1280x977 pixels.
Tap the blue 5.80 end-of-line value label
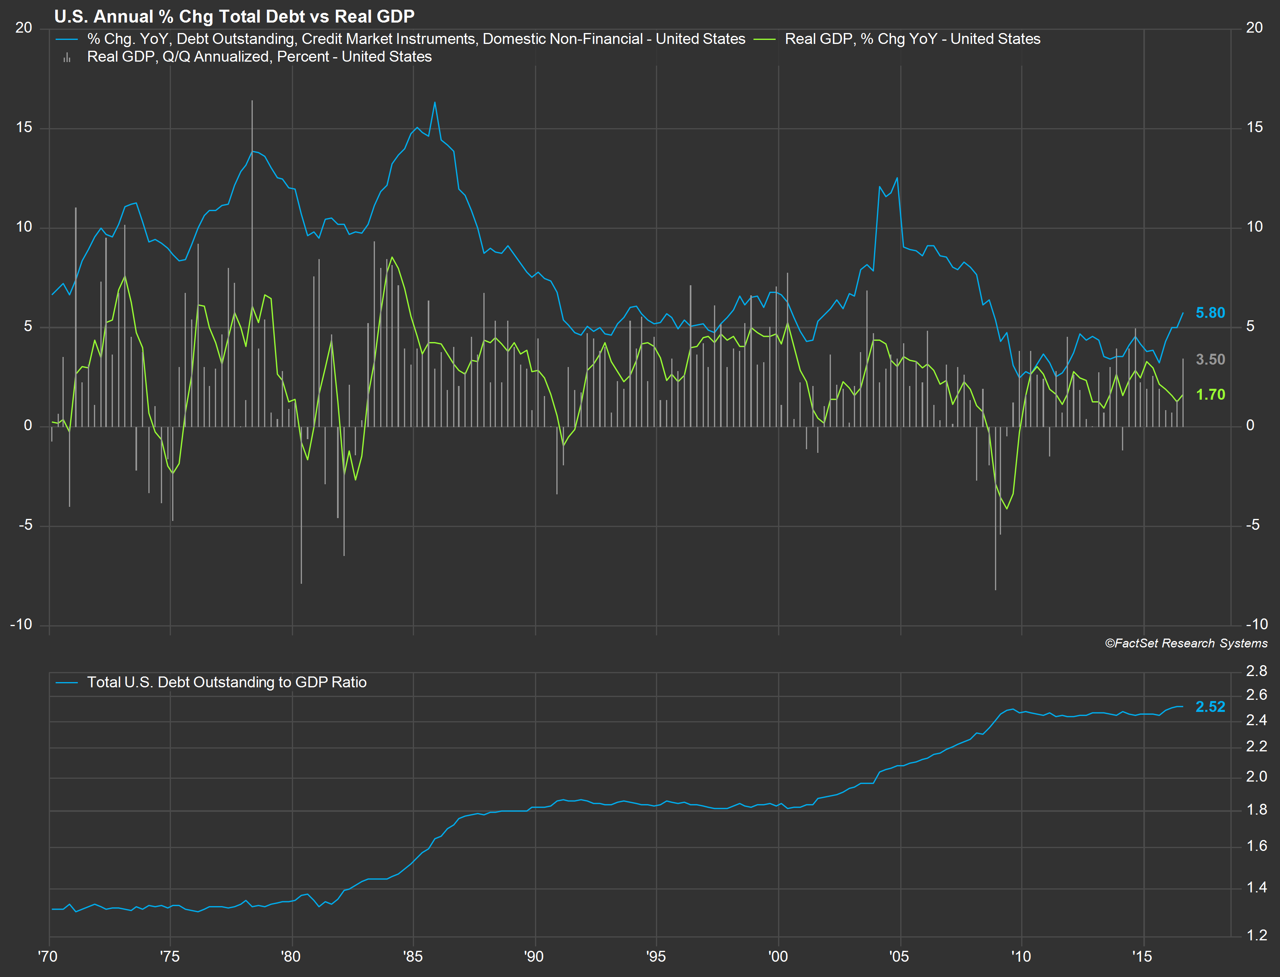[x=1210, y=313]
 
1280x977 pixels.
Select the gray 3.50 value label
[x=1210, y=359]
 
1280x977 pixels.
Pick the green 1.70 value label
[x=1210, y=394]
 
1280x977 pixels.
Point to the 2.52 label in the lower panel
[x=1210, y=707]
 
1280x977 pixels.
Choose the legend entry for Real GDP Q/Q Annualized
[x=259, y=57]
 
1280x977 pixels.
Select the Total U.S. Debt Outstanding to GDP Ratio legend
[x=226, y=682]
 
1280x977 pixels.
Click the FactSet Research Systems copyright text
[x=1186, y=643]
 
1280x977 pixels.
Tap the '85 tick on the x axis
[x=412, y=956]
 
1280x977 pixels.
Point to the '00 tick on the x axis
[x=778, y=956]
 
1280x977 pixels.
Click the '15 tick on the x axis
[x=1143, y=956]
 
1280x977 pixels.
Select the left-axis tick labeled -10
[x=21, y=624]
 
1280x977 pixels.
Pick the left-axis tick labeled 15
[x=24, y=127]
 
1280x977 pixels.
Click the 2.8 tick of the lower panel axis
[x=1256, y=671]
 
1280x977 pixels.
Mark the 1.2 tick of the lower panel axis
[x=1256, y=935]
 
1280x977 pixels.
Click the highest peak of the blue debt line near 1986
[x=435, y=102]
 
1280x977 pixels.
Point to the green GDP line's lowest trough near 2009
[x=1007, y=509]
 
